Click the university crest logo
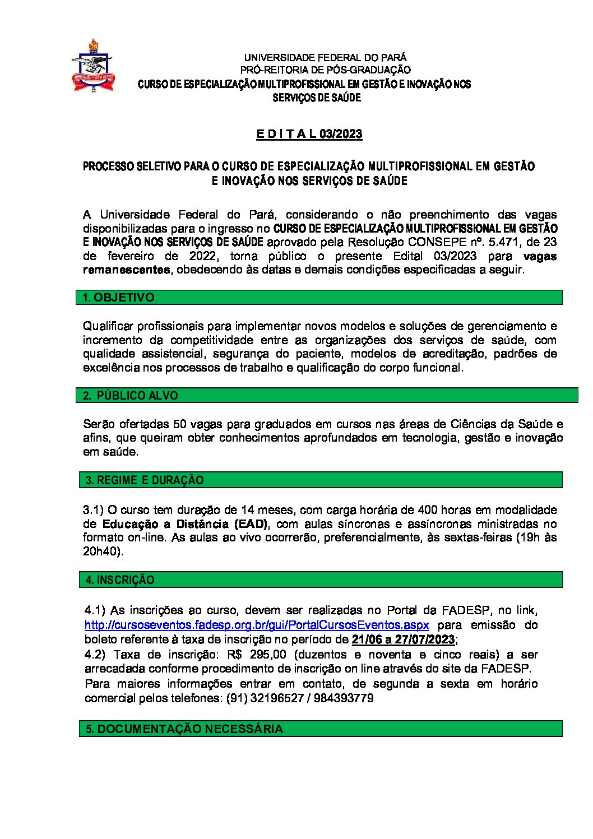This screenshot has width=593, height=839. tap(93, 66)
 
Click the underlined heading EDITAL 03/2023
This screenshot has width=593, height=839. tap(309, 134)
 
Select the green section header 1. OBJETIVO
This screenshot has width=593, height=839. tap(118, 298)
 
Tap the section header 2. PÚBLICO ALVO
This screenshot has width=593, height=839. tap(131, 396)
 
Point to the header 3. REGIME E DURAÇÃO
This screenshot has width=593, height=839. tap(145, 480)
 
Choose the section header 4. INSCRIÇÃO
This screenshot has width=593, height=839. tap(120, 580)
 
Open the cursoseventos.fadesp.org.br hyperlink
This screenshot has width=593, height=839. tap(257, 625)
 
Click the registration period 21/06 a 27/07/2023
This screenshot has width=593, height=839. tap(403, 640)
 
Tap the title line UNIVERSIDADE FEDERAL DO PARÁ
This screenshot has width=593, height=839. tap(325, 57)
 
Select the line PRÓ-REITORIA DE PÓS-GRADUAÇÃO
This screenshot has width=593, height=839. tap(325, 70)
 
